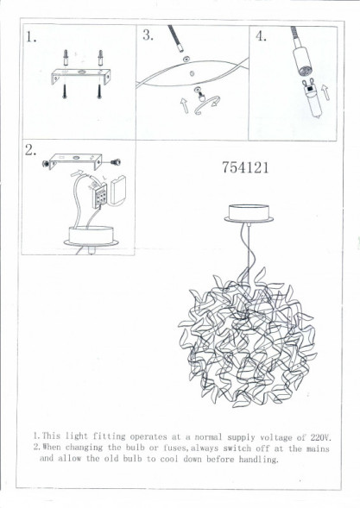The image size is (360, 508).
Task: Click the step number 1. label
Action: pyautogui.click(x=33, y=38)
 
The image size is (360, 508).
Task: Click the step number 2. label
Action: pyautogui.click(x=31, y=151)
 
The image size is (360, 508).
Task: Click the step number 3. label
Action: pyautogui.click(x=148, y=35)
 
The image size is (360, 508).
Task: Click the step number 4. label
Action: pyautogui.click(x=262, y=36)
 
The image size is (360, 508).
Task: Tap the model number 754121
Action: pyautogui.click(x=245, y=168)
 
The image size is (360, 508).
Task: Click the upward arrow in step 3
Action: pyautogui.click(x=183, y=106)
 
